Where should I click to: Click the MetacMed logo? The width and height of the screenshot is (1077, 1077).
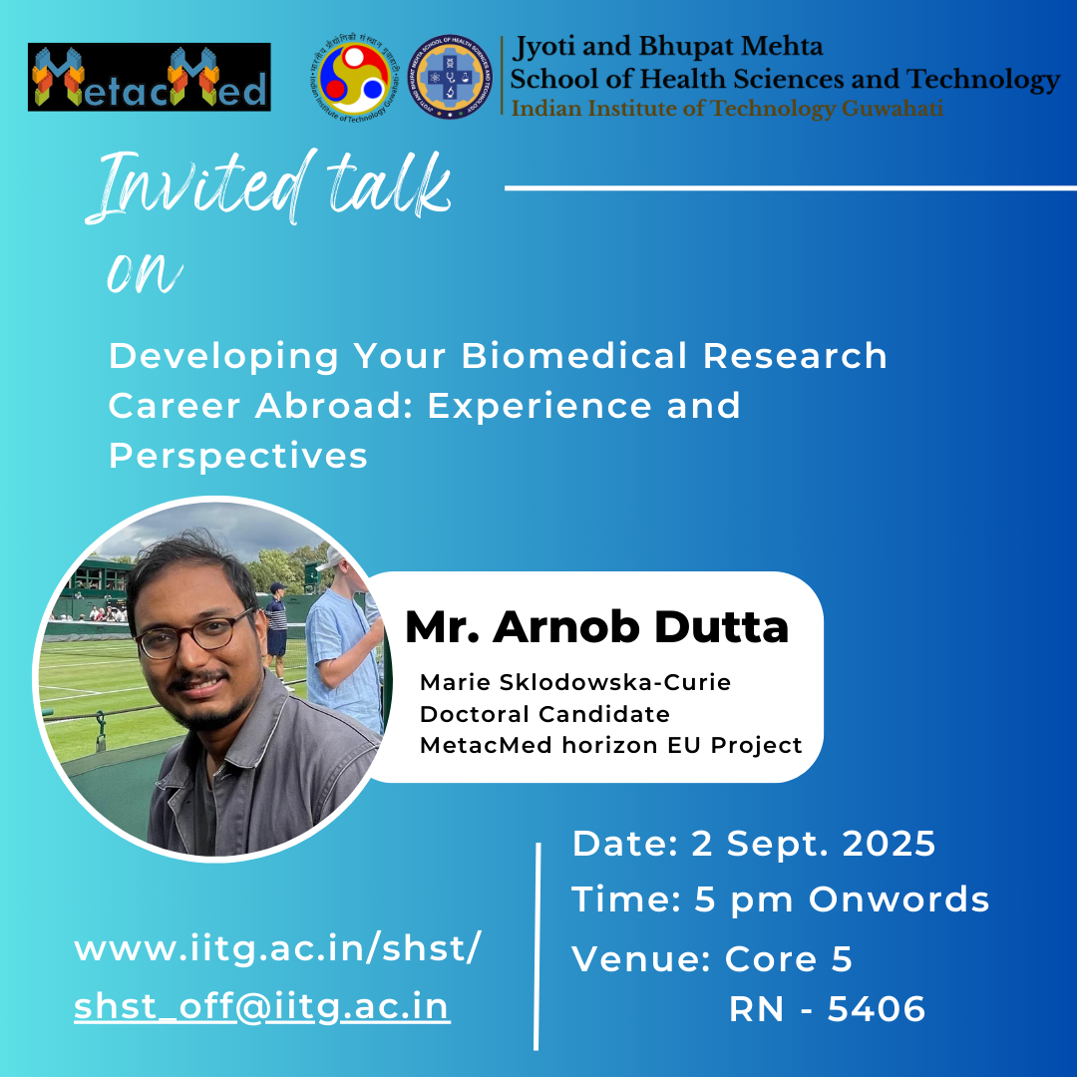pyautogui.click(x=149, y=77)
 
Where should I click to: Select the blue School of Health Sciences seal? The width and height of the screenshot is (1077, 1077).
pyautogui.click(x=450, y=77)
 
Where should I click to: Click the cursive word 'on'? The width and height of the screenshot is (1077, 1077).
pyautogui.click(x=145, y=271)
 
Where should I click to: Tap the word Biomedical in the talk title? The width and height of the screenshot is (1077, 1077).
pyautogui.click(x=574, y=356)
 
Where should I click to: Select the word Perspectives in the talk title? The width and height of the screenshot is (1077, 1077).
pyautogui.click(x=238, y=456)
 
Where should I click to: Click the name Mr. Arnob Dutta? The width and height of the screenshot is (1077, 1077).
pyautogui.click(x=597, y=627)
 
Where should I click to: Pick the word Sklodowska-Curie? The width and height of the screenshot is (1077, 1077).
pyautogui.click(x=614, y=682)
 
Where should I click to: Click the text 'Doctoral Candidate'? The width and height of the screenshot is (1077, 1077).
pyautogui.click(x=544, y=714)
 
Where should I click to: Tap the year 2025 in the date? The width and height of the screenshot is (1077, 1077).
pyautogui.click(x=889, y=844)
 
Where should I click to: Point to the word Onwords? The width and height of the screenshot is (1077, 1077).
pyautogui.click(x=899, y=899)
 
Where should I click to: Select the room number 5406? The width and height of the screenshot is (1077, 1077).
pyautogui.click(x=877, y=1009)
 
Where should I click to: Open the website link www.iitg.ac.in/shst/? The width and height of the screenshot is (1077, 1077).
pyautogui.click(x=277, y=948)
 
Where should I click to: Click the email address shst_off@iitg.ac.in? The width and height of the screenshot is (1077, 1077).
pyautogui.click(x=262, y=1007)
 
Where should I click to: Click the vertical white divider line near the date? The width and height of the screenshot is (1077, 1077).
pyautogui.click(x=538, y=946)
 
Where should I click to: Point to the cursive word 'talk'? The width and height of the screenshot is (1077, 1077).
pyautogui.click(x=389, y=184)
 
